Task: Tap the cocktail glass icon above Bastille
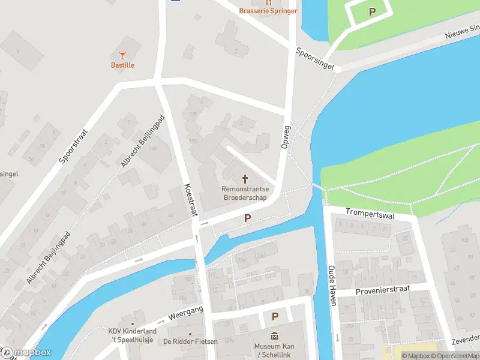[x=123, y=56]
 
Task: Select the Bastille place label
[x=123, y=65]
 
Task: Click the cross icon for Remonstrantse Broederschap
[x=245, y=179]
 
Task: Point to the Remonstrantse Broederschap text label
[x=245, y=193]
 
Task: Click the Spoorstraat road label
[x=74, y=146]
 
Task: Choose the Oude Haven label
[x=331, y=286]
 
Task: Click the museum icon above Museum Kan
[x=274, y=335]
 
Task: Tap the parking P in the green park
[x=372, y=11]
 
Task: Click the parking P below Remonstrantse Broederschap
[x=247, y=218]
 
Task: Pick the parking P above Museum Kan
[x=275, y=316]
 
